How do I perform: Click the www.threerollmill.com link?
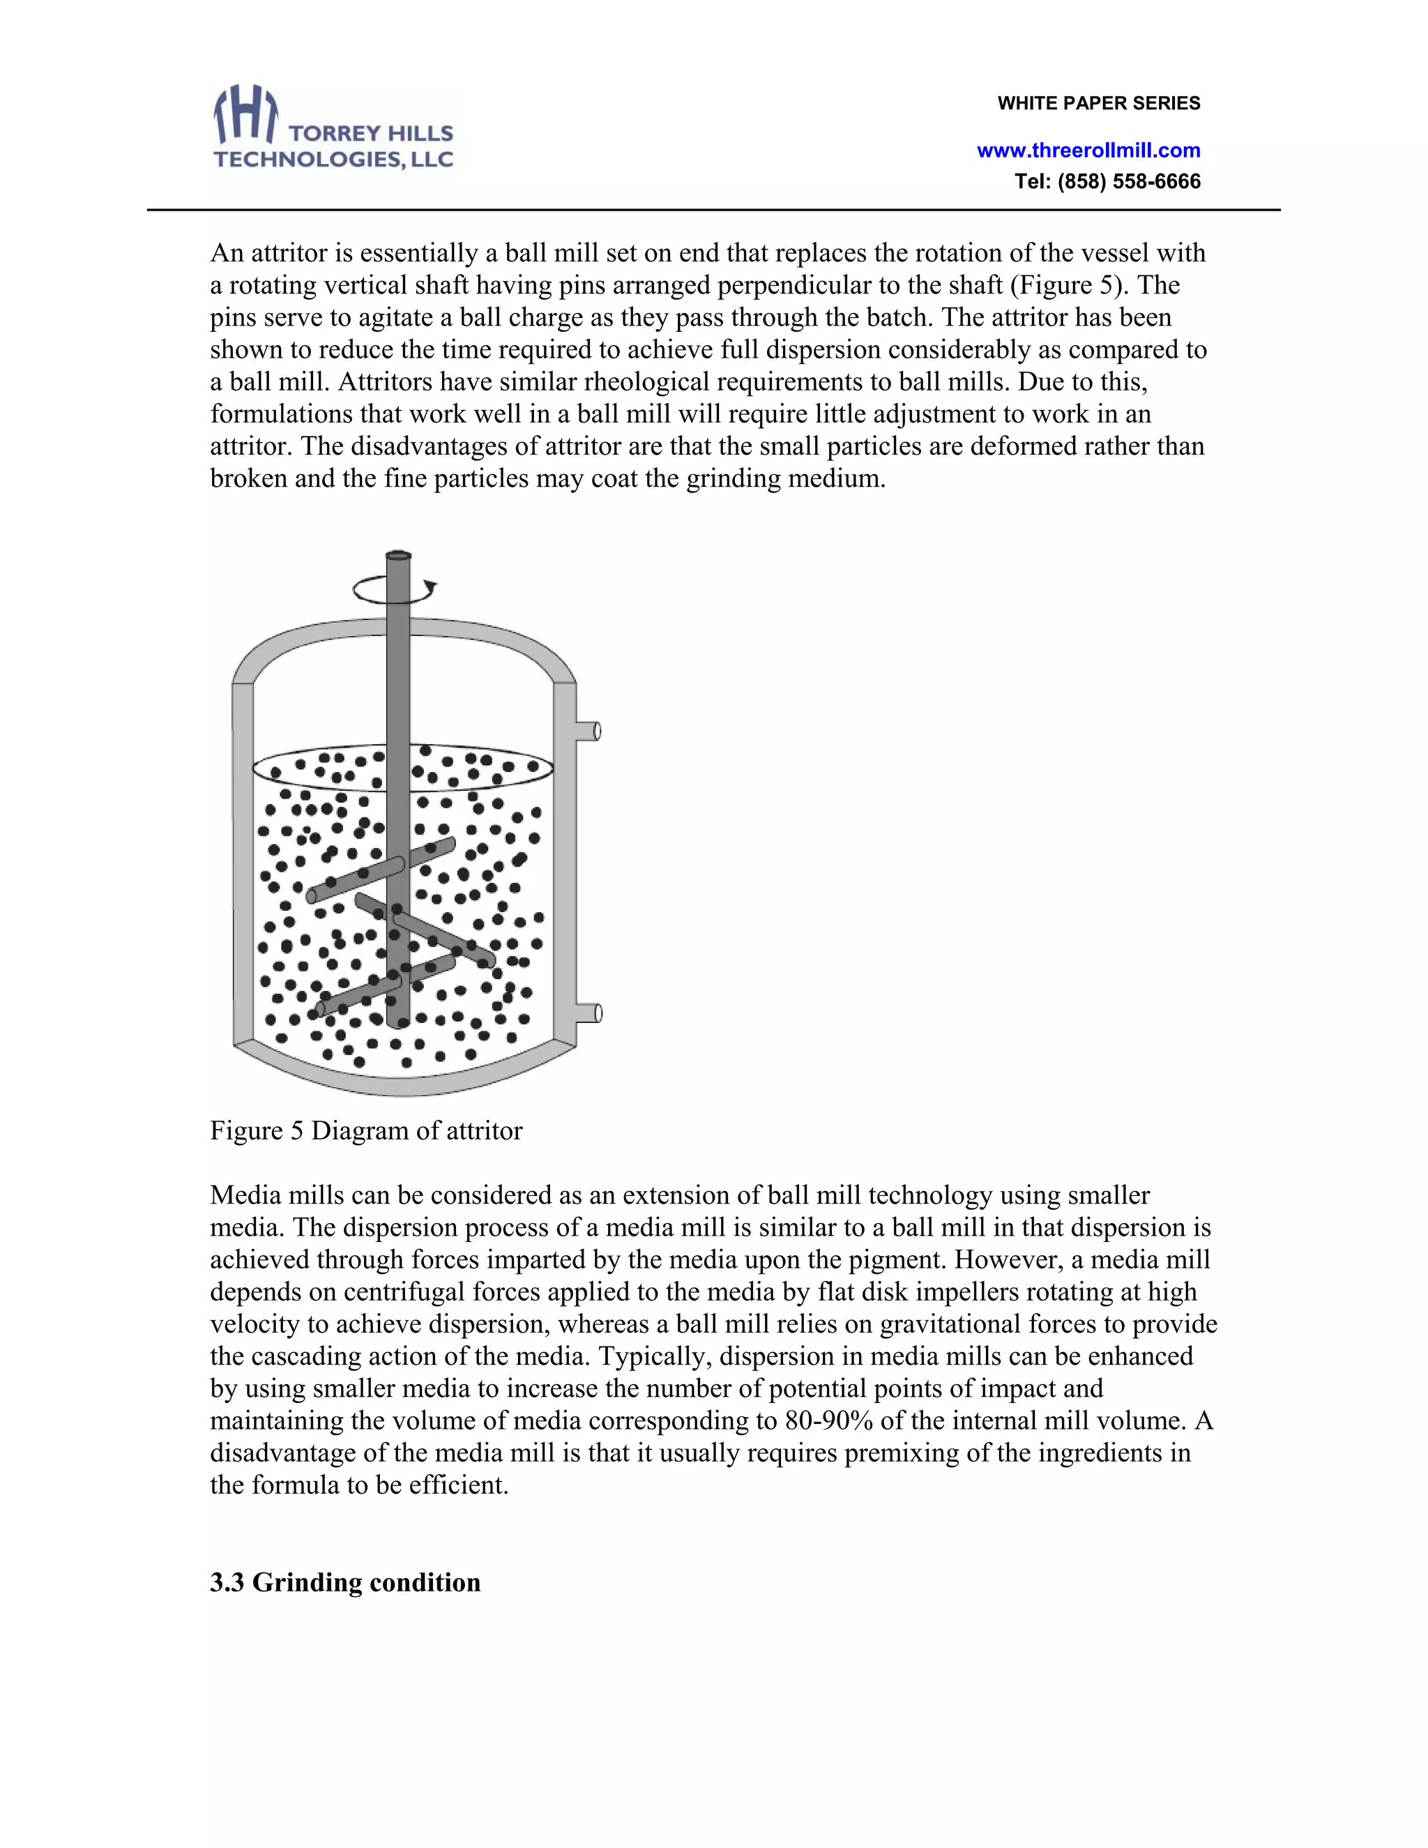click(x=1088, y=151)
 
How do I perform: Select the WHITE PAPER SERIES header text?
click(x=1098, y=103)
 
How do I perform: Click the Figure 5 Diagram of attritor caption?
click(x=365, y=1130)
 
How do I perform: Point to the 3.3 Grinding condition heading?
click(x=345, y=1582)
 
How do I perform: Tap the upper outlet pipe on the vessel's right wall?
click(x=588, y=730)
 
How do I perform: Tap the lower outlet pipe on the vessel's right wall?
click(x=588, y=1013)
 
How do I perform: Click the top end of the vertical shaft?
click(x=398, y=556)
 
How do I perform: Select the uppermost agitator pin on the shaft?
click(x=381, y=872)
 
